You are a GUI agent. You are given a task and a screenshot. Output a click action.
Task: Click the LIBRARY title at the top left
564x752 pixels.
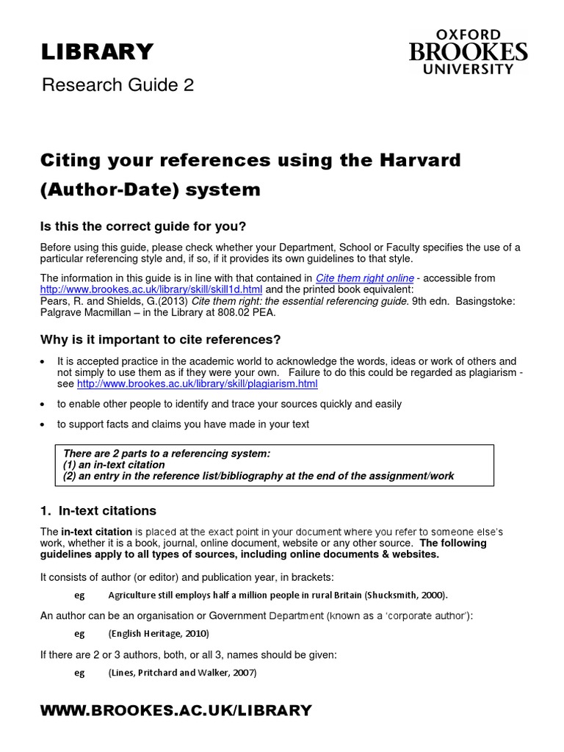[97, 51]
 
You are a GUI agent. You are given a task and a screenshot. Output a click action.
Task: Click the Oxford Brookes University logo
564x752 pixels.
[468, 52]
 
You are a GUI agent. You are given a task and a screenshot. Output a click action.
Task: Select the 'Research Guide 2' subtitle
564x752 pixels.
[117, 85]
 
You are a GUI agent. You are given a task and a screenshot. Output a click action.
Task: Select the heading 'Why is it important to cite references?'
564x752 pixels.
[161, 339]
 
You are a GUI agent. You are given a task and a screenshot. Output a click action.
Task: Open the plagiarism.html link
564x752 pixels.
[198, 384]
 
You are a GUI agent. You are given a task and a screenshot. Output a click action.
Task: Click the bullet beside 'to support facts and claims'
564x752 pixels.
[43, 424]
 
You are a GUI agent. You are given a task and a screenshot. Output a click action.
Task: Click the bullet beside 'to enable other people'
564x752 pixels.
[43, 405]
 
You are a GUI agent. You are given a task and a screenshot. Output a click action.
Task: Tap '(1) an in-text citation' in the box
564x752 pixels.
[115, 465]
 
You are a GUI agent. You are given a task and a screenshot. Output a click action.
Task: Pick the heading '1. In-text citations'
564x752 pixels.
[98, 510]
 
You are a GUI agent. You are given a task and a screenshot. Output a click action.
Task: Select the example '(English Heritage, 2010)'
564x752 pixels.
[159, 633]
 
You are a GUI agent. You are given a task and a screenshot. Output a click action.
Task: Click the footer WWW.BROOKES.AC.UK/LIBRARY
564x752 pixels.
[176, 710]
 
